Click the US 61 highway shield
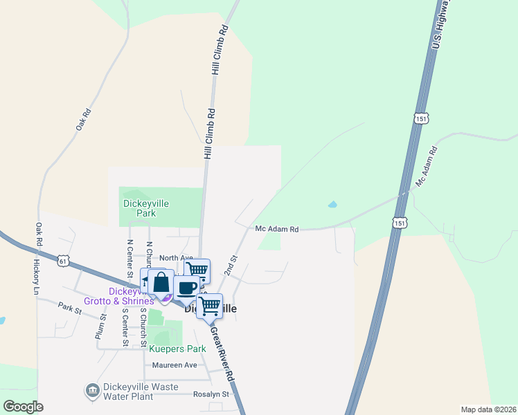click(x=64, y=261)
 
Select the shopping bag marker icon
click(x=161, y=282)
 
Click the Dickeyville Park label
click(x=145, y=208)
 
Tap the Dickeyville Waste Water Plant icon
click(x=91, y=391)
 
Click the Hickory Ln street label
click(x=35, y=277)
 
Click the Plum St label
click(x=102, y=326)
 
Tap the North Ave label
click(x=176, y=257)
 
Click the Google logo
click(x=23, y=407)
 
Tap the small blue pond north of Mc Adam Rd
click(x=333, y=205)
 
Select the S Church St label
click(x=143, y=326)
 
